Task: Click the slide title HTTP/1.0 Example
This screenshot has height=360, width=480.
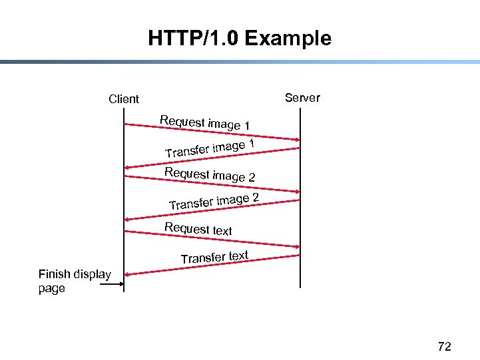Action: coord(240,39)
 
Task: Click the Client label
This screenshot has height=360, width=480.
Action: coord(124,99)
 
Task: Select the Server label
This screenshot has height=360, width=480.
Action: coord(302,98)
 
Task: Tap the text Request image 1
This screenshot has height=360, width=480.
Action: coord(205,123)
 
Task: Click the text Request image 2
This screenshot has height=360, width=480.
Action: coord(210,174)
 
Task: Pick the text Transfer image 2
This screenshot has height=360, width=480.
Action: coord(214,200)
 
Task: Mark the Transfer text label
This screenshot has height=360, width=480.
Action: coord(214,257)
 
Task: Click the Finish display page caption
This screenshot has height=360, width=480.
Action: coord(74,281)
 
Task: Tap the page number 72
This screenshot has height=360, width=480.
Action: coord(444,346)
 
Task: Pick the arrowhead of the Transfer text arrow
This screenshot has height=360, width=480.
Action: coord(128,274)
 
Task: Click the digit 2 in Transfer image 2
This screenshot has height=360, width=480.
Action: coord(254,197)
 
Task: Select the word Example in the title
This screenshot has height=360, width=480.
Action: coord(288,39)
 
